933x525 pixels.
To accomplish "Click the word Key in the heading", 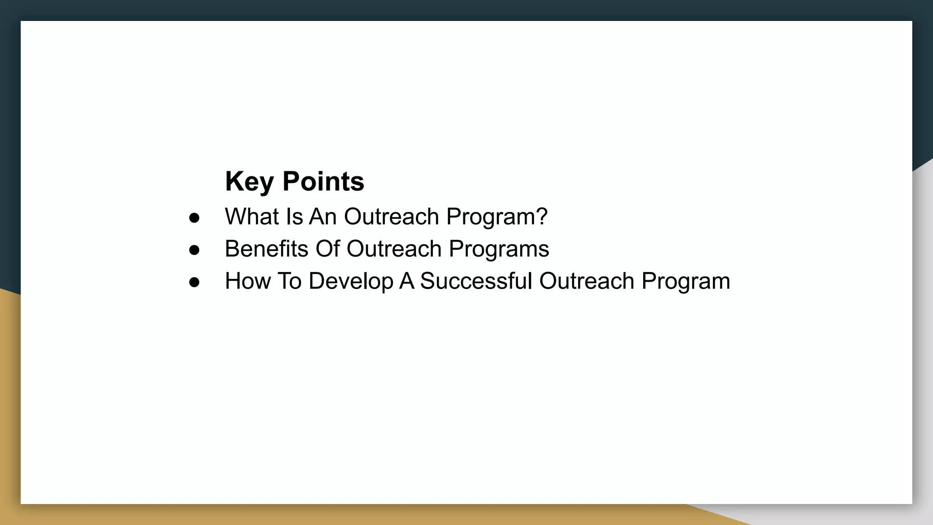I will (249, 181).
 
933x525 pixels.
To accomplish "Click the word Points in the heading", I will (323, 181).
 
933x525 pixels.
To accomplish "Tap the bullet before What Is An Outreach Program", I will (194, 218).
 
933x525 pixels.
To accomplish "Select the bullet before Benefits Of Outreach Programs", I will (194, 250).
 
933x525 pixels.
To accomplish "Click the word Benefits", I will (266, 249).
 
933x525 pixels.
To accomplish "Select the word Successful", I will (476, 281).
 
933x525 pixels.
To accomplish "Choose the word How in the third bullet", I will (247, 281).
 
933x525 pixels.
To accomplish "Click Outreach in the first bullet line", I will (391, 216).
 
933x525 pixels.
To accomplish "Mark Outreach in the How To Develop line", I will (586, 281).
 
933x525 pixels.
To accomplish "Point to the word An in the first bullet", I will (323, 216).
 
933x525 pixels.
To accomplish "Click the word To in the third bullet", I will (289, 281).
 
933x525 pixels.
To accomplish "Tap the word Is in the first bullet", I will (294, 216).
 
